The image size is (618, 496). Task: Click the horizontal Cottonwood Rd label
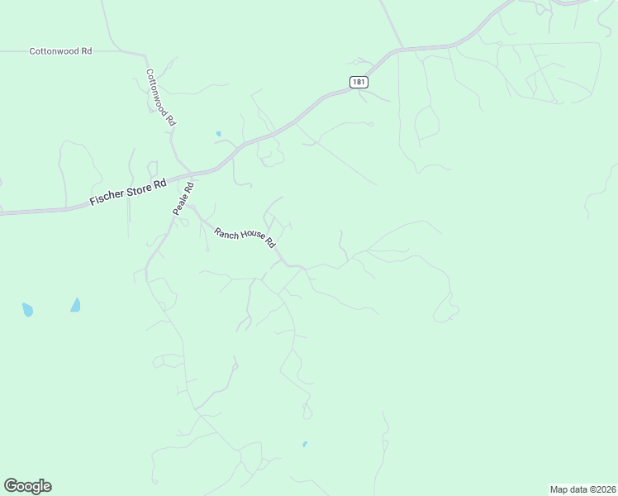tap(60, 51)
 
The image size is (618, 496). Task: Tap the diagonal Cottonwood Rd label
tap(161, 97)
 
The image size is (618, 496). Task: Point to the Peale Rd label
tap(183, 199)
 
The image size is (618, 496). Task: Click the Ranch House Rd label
tap(245, 238)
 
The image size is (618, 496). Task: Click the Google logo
tap(27, 486)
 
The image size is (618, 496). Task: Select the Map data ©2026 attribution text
tap(582, 489)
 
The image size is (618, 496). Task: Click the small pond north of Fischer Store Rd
tap(219, 133)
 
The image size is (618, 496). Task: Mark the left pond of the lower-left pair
tap(27, 310)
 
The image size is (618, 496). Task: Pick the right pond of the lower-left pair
tap(76, 305)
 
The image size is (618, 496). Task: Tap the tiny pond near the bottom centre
tap(305, 444)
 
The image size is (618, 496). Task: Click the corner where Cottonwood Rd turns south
tap(145, 55)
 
